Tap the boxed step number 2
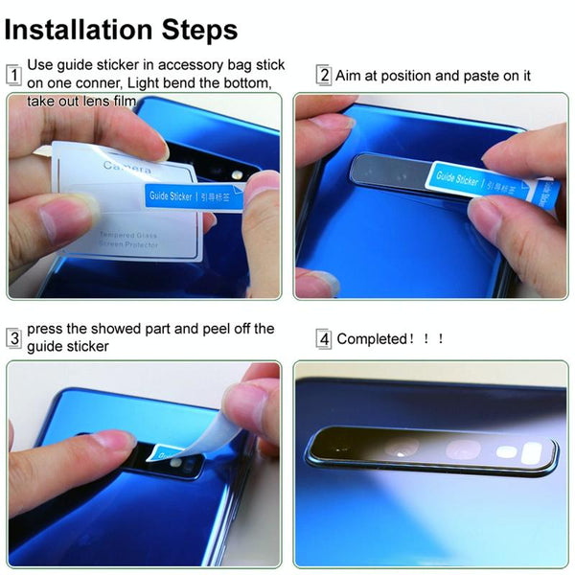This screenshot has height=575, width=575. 324,75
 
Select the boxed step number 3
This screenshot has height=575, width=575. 14,337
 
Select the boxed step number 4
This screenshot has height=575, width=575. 324,338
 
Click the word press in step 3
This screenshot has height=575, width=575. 46,329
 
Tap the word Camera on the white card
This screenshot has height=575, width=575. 126,170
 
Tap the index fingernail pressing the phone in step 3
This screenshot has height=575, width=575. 114,441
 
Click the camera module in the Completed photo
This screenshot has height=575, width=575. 431,448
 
